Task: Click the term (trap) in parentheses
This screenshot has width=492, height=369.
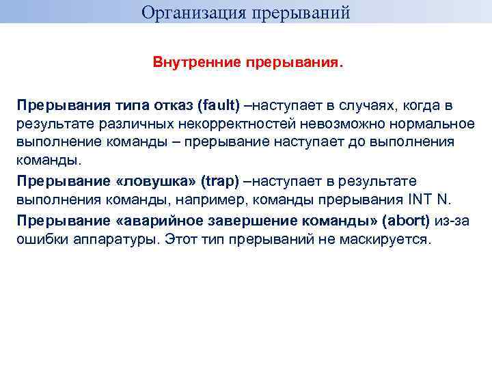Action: point(221,181)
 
